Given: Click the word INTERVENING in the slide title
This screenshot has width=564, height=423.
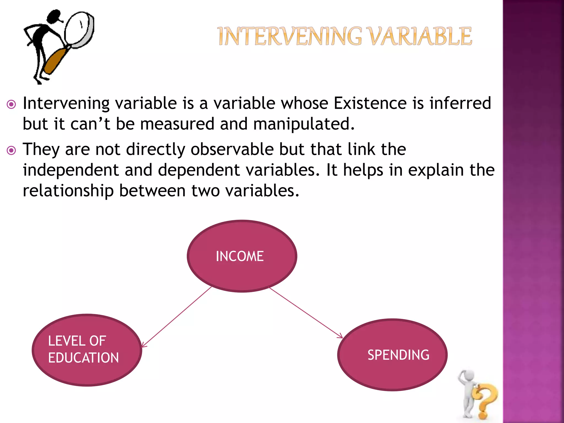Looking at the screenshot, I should coord(289,36).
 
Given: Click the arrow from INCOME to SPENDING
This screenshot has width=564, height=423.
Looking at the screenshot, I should coord(306,313).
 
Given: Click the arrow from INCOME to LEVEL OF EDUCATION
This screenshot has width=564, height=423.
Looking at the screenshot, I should coord(176,317).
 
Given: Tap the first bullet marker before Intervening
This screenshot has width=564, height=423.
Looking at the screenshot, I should coord(11,104).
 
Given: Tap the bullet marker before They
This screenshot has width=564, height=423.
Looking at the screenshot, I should coord(11,150).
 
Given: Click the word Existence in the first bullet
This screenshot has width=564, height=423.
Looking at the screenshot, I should coord(370,103).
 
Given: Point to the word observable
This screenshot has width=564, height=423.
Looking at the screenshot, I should coord(232,149).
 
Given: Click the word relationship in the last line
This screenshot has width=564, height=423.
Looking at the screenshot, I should coord(68,191).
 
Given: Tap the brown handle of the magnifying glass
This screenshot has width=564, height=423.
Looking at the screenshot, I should coord(56,61).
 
